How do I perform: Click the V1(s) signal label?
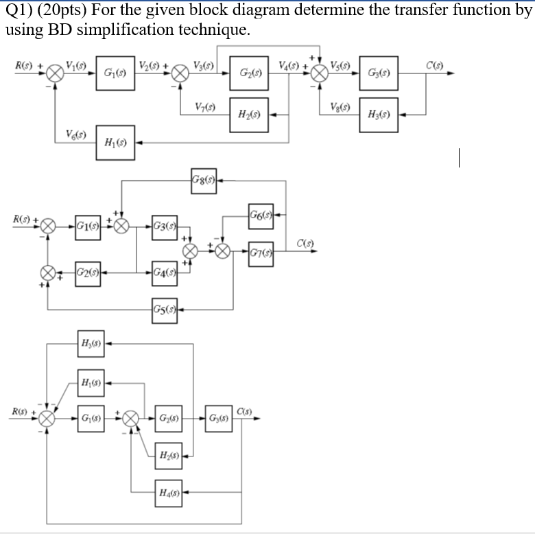click(x=77, y=66)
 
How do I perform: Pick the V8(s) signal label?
click(x=341, y=107)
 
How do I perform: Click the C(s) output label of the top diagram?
click(x=433, y=66)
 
